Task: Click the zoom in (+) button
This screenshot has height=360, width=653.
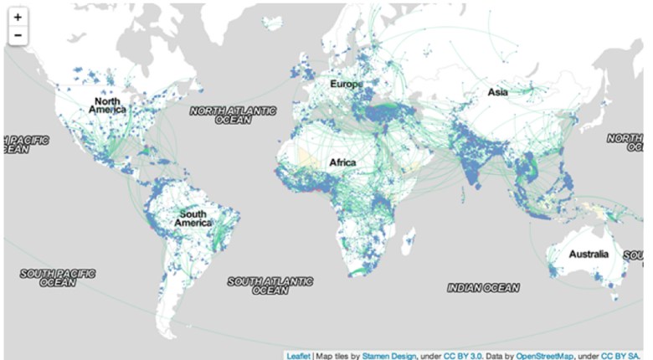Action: (x=18, y=17)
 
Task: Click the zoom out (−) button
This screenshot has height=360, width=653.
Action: (x=18, y=35)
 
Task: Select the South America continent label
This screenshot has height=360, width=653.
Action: (x=193, y=219)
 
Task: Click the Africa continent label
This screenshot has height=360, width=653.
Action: (x=342, y=162)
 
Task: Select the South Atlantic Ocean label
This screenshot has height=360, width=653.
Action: (x=270, y=285)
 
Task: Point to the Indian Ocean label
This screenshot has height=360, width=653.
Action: (x=483, y=287)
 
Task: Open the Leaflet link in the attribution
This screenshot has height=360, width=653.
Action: (x=298, y=355)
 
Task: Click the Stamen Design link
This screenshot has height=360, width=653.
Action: (x=388, y=355)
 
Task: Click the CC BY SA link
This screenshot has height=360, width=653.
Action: (x=624, y=355)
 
